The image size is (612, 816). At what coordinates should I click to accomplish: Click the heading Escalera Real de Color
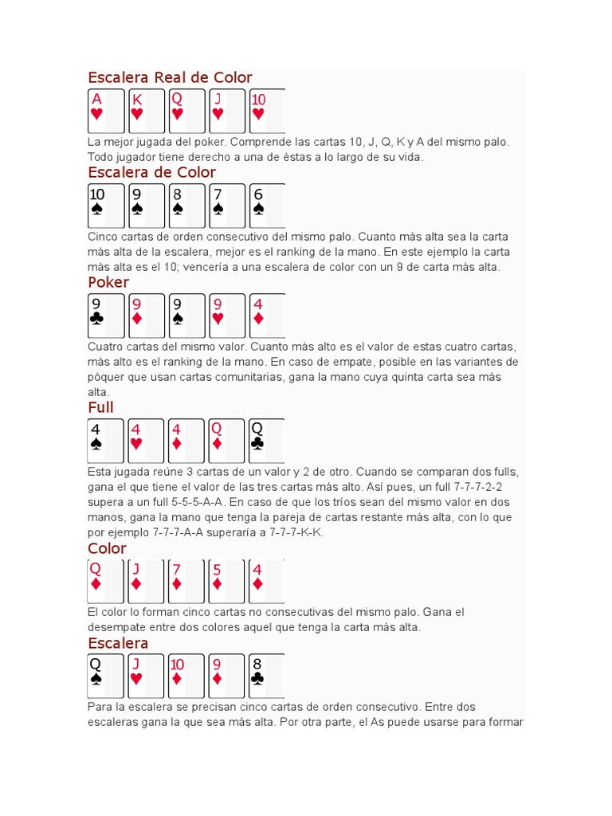click(170, 77)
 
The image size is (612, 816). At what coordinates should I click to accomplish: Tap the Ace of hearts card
click(106, 111)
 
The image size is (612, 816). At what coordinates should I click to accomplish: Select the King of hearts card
click(146, 111)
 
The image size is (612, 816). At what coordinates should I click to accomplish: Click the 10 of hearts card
click(266, 111)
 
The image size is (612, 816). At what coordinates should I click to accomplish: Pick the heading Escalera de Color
click(151, 172)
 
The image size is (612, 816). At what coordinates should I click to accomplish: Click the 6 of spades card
click(266, 206)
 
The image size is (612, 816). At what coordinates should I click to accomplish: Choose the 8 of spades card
click(186, 206)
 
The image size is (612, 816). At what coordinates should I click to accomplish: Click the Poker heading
click(108, 282)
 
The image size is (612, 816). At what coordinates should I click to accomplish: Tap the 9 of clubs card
click(106, 316)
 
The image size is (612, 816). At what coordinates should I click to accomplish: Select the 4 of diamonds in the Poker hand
click(266, 316)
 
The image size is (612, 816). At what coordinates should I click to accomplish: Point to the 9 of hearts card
click(226, 316)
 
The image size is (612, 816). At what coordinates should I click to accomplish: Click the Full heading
click(101, 408)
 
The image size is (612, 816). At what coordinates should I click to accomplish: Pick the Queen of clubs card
click(266, 441)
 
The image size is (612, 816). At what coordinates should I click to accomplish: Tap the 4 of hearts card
click(146, 441)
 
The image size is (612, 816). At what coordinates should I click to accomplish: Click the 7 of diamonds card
click(186, 582)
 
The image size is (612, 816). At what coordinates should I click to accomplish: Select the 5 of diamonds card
click(226, 582)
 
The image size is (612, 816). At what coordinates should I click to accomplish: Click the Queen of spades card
click(106, 676)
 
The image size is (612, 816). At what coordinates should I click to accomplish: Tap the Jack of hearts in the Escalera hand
click(146, 676)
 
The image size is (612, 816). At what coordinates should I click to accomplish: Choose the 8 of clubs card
click(266, 676)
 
